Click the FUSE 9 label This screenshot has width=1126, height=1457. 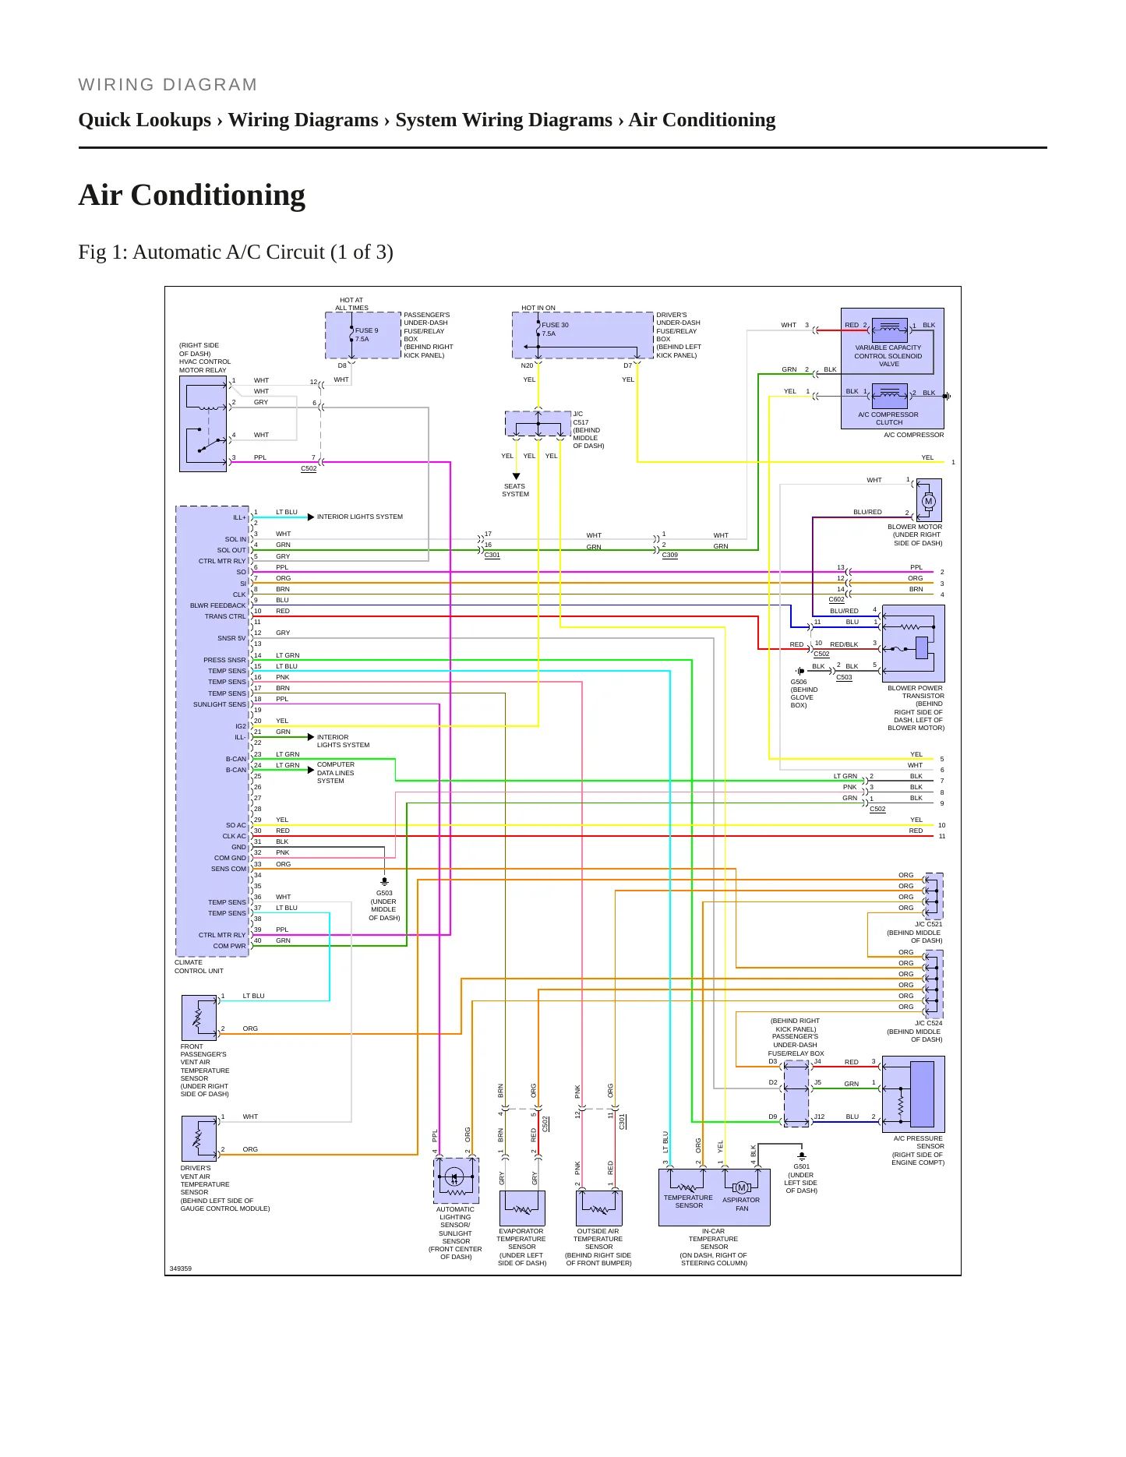366,330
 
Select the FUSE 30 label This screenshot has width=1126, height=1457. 555,325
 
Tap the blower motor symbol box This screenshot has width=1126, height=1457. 929,500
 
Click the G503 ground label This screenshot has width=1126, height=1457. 384,893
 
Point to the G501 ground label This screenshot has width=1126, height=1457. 801,1166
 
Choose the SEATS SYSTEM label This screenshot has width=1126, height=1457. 515,490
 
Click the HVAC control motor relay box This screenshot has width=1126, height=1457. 203,424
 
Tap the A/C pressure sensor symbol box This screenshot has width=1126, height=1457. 913,1094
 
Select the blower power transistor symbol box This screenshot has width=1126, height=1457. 913,644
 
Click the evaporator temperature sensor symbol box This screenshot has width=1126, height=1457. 522,1208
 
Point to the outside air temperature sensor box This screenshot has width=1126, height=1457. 598,1208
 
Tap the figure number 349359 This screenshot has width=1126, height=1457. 181,1268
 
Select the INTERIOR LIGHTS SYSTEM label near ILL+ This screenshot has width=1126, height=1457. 360,517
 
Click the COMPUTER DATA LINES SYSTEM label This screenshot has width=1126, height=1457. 336,773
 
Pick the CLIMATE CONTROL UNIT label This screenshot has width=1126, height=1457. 199,967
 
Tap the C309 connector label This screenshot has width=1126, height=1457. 670,556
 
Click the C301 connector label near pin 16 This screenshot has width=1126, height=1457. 492,556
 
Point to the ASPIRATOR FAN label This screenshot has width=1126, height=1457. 741,1205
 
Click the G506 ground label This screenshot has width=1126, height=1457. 799,682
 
